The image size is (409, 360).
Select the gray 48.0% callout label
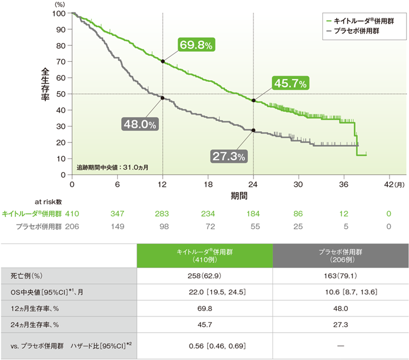click(139, 124)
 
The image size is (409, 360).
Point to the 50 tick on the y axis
click(61, 94)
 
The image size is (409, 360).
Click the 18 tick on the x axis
click(208, 184)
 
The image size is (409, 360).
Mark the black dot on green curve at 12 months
click(162, 61)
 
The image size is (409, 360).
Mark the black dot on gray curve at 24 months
click(254, 130)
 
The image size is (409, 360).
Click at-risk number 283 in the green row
click(162, 213)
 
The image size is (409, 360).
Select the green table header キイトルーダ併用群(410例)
click(205, 255)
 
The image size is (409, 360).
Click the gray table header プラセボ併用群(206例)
click(341, 255)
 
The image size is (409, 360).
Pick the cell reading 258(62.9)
click(205, 276)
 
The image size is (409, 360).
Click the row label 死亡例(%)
click(27, 276)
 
